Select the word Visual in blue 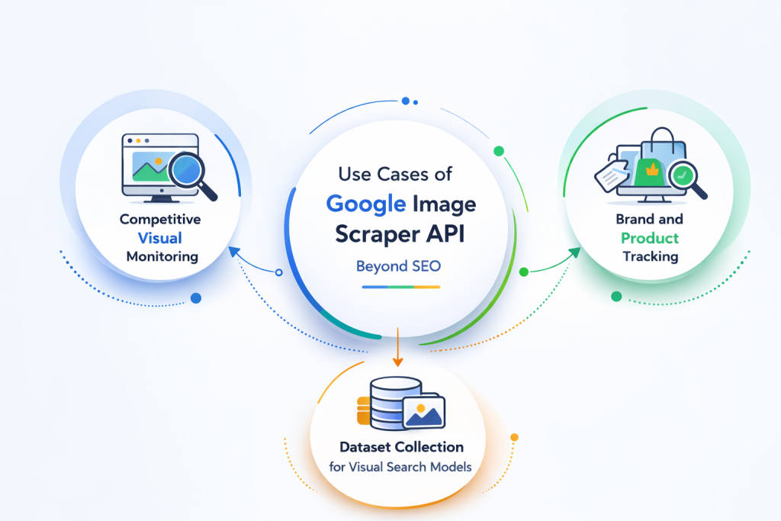159,237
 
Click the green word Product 650,237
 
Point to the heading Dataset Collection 401,447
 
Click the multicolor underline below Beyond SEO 401,287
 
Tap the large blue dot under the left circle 196,297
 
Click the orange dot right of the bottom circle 514,438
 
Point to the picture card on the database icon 423,413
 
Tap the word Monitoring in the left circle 162,256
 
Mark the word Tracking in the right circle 650,256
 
